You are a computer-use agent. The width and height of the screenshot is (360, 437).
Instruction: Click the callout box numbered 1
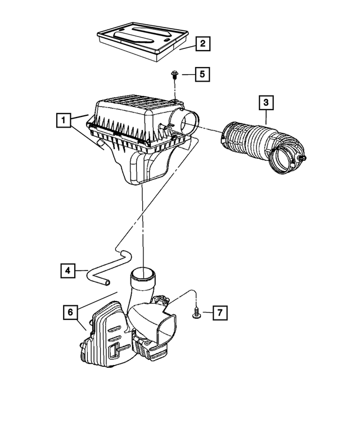pyautogui.click(x=64, y=120)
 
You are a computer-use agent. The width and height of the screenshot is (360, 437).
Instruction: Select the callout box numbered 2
pyautogui.click(x=203, y=43)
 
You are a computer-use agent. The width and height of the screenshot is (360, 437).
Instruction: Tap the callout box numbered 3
pyautogui.click(x=266, y=103)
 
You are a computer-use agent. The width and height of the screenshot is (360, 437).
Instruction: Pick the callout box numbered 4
pyautogui.click(x=67, y=271)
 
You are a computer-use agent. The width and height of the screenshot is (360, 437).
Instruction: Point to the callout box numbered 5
pyautogui.click(x=203, y=74)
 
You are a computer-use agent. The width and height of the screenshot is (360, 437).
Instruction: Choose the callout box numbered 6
pyautogui.click(x=70, y=312)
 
